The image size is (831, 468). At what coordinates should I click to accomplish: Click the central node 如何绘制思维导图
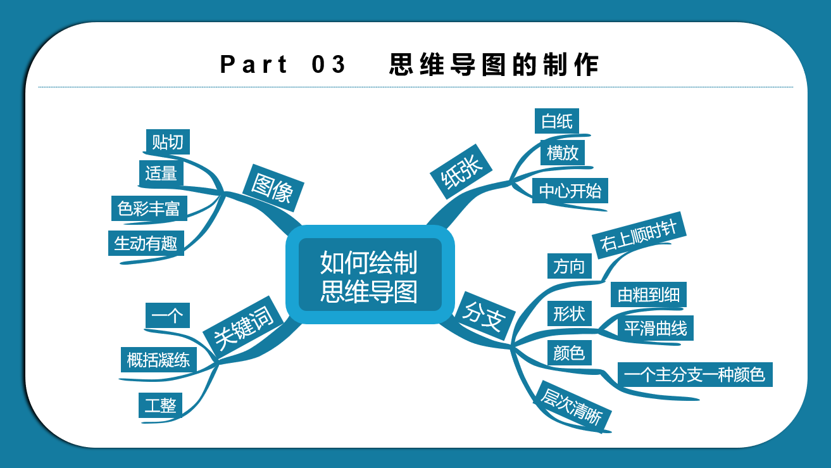coord(370,275)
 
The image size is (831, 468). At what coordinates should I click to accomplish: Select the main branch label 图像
coord(273,188)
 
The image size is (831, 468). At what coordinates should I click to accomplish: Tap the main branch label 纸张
coord(461,172)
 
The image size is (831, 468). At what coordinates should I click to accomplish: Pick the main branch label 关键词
coord(244,327)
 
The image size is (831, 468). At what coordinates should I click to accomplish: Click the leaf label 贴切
coord(168,142)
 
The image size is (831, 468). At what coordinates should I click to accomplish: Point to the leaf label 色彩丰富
coord(149,208)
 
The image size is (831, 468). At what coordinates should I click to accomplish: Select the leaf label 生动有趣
coord(146,243)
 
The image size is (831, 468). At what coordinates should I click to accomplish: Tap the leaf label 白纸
coord(557,121)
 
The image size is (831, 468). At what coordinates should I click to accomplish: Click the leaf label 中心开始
coord(570,191)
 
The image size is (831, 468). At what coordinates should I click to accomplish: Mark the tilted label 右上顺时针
coord(639,236)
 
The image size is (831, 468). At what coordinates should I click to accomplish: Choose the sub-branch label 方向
coord(570,266)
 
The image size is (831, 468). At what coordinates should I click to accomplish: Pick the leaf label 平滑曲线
coord(656,328)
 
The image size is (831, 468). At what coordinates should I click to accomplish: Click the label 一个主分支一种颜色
coord(695,374)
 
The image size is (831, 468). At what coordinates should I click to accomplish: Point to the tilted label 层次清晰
coord(572,407)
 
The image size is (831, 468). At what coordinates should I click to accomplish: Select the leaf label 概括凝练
coord(159,360)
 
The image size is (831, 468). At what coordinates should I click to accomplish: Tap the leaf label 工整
coord(161,405)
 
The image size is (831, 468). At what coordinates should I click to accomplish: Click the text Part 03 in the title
coord(283,65)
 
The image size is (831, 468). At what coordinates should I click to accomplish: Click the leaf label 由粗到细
coord(649,294)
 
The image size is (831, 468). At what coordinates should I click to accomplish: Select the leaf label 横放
coord(563,153)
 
